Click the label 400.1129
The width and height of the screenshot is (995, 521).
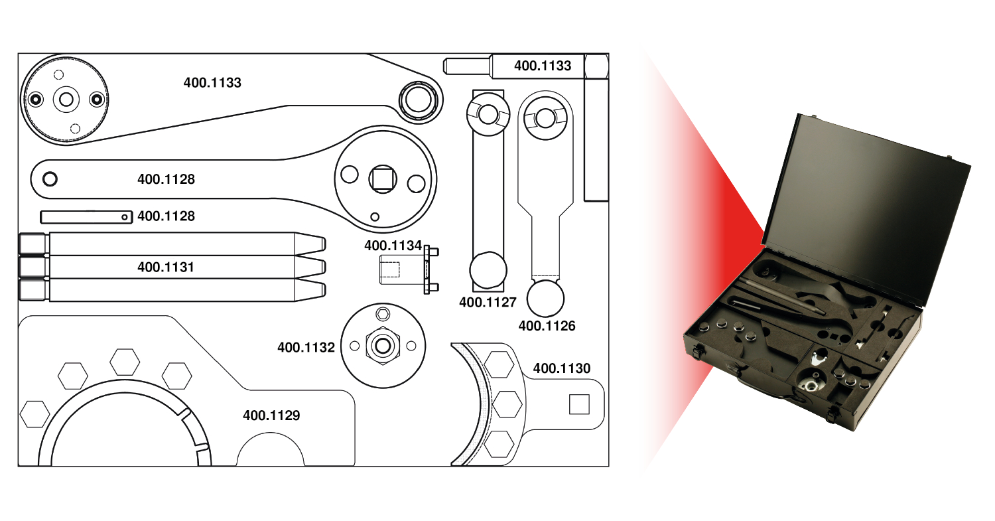(271, 415)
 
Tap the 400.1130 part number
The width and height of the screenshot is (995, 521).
(561, 368)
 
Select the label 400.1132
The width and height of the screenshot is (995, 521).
(306, 347)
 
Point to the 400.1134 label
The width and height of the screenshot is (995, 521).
(393, 246)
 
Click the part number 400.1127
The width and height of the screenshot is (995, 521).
(488, 303)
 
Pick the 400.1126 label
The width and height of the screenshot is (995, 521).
(547, 326)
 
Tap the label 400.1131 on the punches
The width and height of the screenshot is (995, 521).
(166, 267)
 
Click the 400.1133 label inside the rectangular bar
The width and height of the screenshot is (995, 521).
(543, 66)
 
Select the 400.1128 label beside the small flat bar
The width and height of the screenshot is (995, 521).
(166, 216)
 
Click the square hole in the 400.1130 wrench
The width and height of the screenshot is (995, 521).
(578, 404)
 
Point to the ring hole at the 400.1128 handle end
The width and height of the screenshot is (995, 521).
(50, 179)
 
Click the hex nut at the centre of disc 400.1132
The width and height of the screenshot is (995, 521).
(382, 345)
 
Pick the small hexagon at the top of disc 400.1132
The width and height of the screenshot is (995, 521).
(383, 313)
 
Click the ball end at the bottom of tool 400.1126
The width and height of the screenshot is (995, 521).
(545, 299)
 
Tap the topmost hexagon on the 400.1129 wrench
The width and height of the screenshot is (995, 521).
(125, 362)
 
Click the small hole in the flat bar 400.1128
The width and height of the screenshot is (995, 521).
(124, 216)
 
